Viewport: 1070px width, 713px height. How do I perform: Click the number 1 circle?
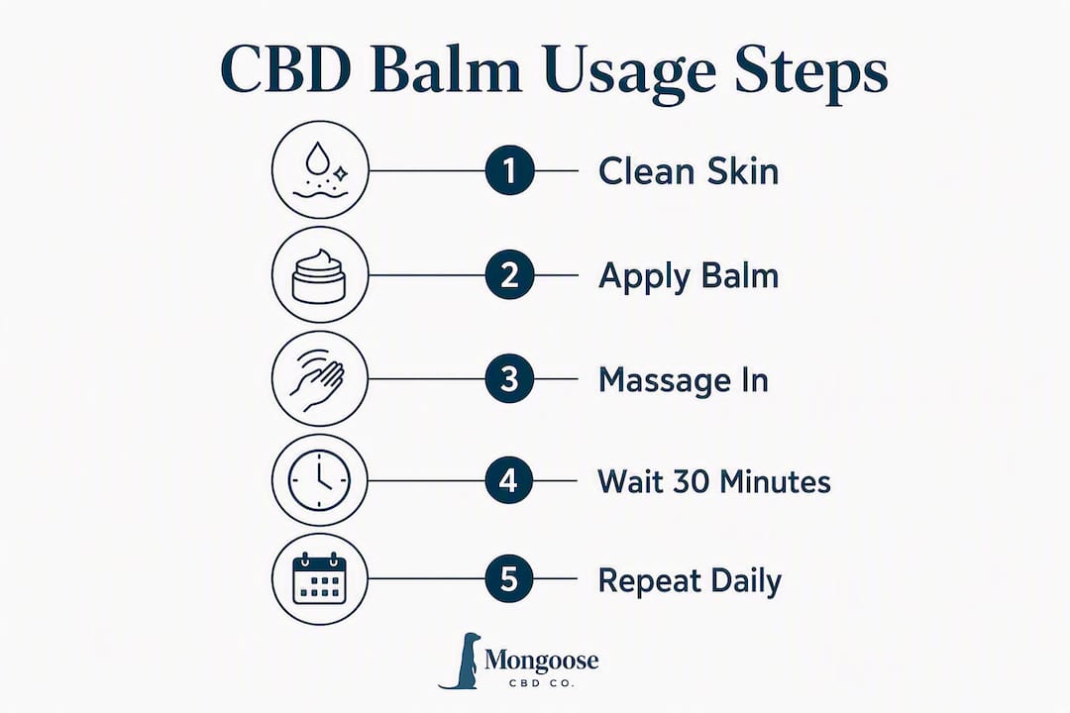[x=509, y=170]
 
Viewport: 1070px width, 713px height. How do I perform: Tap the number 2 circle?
[x=509, y=275]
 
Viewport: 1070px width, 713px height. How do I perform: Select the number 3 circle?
[x=509, y=379]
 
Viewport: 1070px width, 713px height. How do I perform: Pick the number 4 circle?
[x=508, y=481]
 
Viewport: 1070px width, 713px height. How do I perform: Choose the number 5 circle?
[x=508, y=579]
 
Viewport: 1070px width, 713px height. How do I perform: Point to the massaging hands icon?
[x=317, y=379]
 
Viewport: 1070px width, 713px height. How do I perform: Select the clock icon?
[x=319, y=479]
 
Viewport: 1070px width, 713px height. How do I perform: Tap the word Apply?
[x=645, y=277]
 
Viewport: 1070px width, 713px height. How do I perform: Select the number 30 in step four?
[x=692, y=481]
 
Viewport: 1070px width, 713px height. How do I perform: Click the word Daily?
[x=746, y=581]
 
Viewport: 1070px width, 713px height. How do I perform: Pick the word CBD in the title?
[x=286, y=69]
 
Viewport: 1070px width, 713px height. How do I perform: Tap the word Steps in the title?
[x=811, y=73]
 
